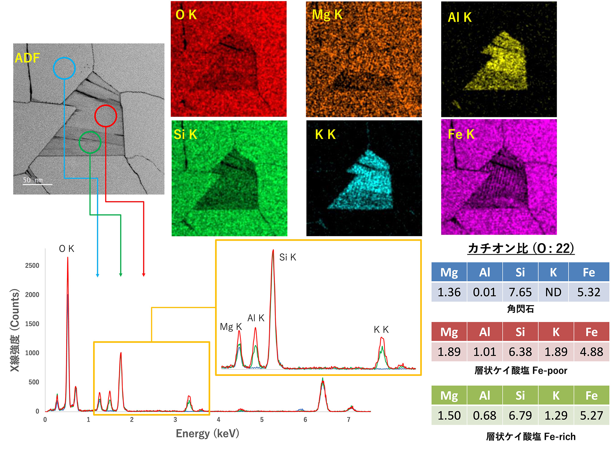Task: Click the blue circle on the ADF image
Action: (64, 68)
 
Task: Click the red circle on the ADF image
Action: (106, 116)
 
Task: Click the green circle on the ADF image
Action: (90, 142)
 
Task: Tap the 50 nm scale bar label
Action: (33, 180)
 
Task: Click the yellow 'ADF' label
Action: (27, 58)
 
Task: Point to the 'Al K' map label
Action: (459, 17)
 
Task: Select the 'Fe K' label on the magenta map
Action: (461, 134)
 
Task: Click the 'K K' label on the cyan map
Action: (325, 134)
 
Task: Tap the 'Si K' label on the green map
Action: (185, 134)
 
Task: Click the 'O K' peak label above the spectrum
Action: (67, 249)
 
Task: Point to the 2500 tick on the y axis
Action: (32, 265)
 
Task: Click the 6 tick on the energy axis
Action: (305, 420)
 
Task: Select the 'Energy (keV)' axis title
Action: (207, 433)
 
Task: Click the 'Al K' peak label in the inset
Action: (256, 318)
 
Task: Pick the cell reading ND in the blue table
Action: (553, 292)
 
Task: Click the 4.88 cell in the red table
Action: (591, 352)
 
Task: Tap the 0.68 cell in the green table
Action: (485, 415)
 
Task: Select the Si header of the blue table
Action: (520, 272)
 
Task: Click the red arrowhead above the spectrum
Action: (144, 275)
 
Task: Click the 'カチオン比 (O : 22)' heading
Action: (521, 248)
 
